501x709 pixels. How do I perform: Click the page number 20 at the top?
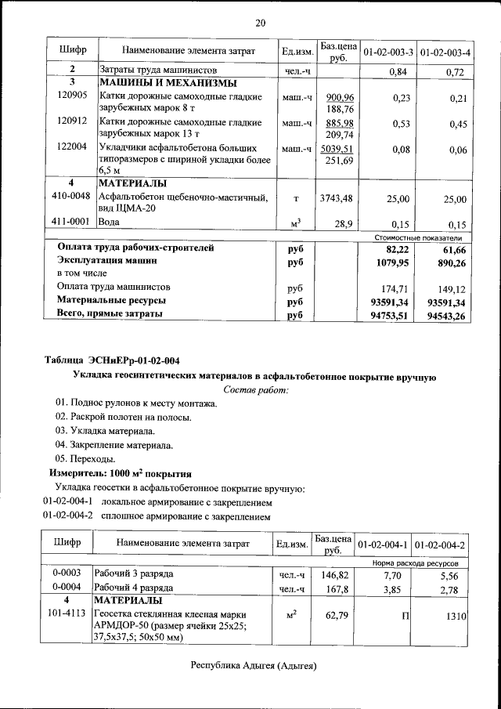tap(261, 23)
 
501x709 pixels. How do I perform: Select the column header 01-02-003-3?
tap(387, 52)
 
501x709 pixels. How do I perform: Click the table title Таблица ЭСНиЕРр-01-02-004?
tap(112, 360)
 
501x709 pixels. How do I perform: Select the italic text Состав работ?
tap(256, 389)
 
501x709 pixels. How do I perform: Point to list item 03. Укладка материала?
tap(105, 431)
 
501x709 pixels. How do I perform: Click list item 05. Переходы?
tap(85, 458)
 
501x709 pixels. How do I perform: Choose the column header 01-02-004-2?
tap(440, 544)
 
